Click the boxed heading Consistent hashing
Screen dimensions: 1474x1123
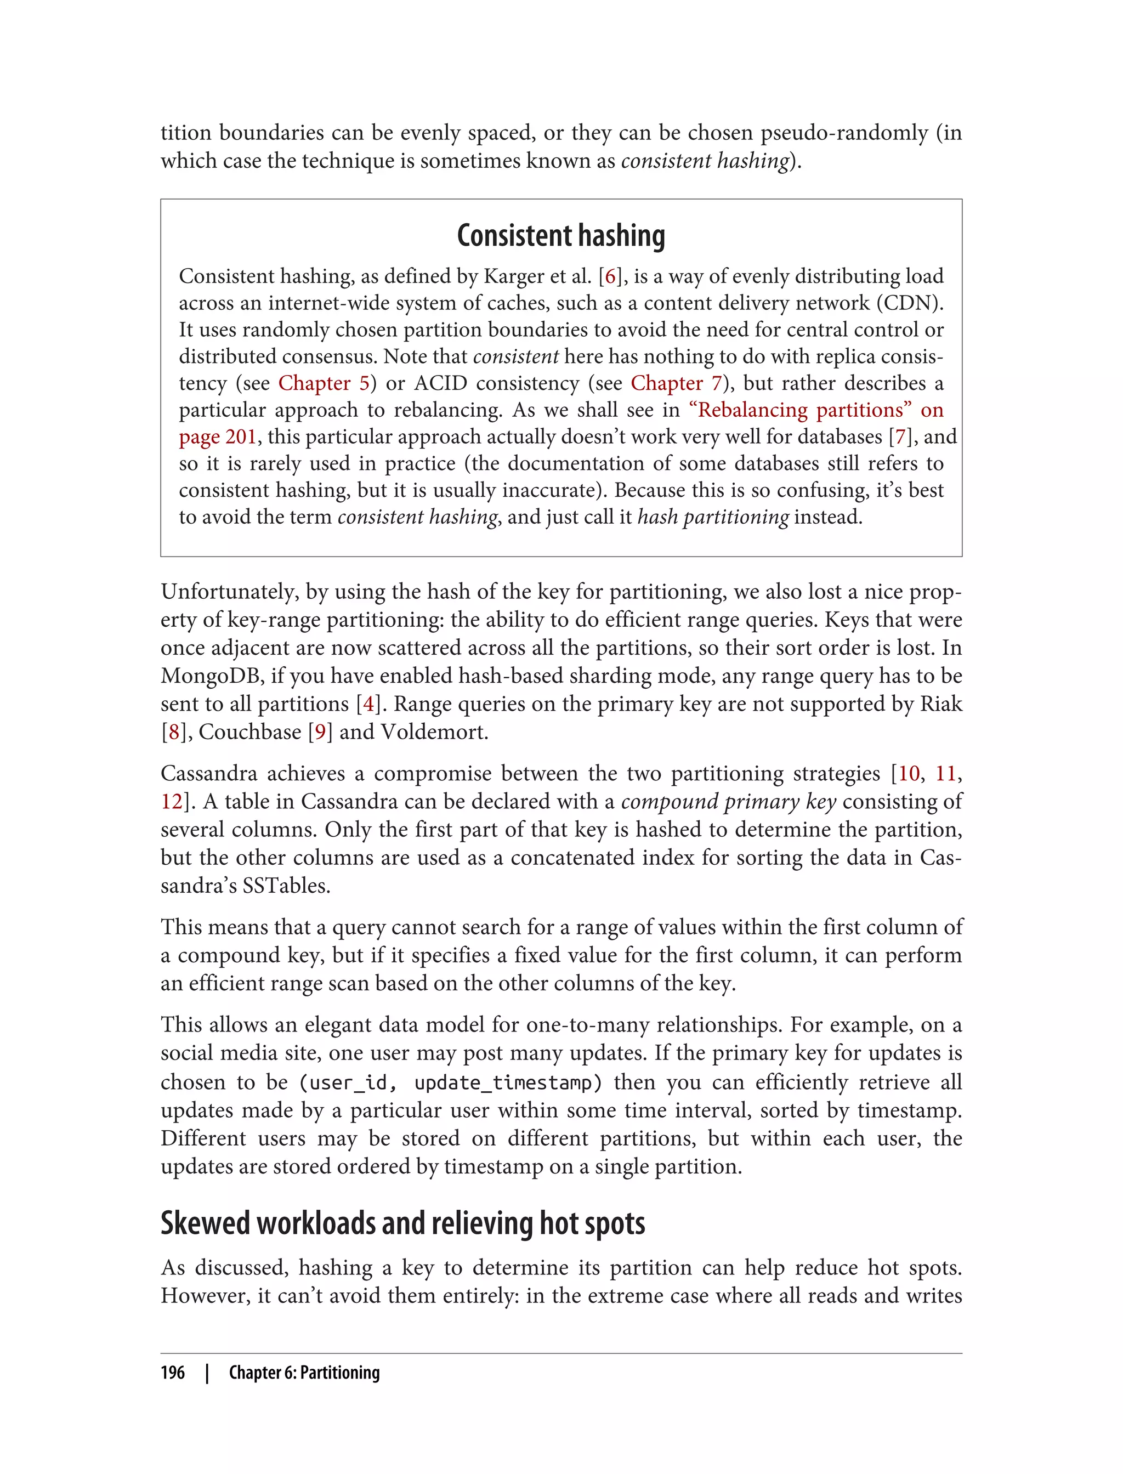[561, 236]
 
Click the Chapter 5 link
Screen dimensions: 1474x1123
[324, 383]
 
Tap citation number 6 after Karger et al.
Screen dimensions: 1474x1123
[610, 276]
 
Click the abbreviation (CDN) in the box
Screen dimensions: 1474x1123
[910, 303]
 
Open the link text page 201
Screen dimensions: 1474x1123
[217, 436]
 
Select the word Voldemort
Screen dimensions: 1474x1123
[434, 732]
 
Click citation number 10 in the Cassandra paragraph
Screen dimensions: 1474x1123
[909, 773]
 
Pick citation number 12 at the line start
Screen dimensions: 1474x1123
[171, 802]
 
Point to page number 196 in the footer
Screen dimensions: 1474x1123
[173, 1373]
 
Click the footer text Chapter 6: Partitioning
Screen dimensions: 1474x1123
[304, 1373]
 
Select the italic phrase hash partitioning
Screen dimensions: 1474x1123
[713, 517]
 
